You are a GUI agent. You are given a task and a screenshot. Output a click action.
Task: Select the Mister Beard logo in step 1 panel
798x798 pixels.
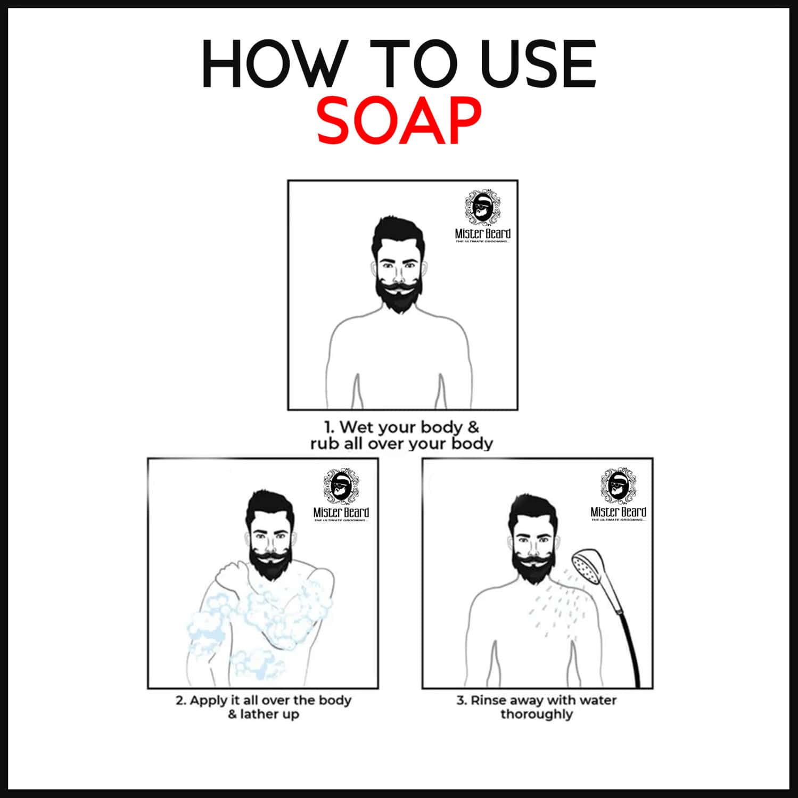[x=482, y=216]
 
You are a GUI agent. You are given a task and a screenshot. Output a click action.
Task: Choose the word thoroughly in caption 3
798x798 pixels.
[x=537, y=714]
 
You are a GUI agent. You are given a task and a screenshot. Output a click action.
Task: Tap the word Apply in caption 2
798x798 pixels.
[x=208, y=700]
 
